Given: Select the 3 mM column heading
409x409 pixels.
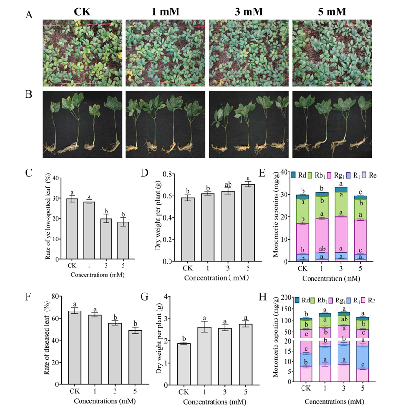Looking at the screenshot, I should coord(249,11).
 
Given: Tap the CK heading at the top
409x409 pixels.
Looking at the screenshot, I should coord(82,11).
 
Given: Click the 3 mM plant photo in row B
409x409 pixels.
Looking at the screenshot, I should coord(249,124).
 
